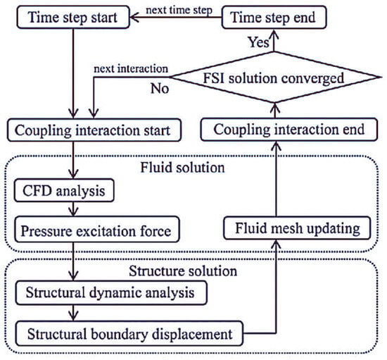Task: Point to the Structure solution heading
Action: [x=191, y=271]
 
